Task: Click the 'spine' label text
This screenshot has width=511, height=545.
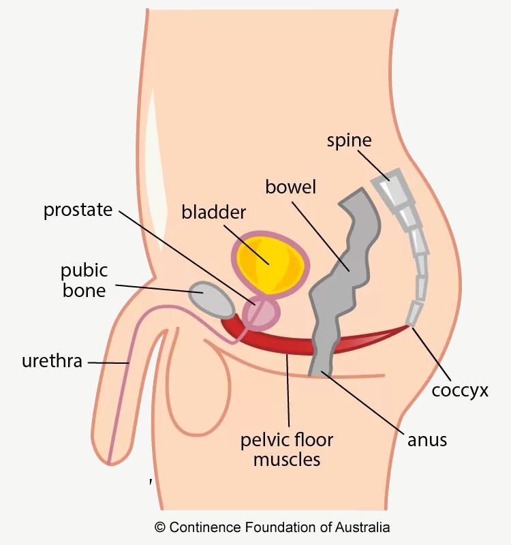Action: coord(349,142)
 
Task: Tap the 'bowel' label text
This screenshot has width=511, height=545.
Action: coord(290,187)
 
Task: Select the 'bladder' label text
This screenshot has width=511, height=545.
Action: coord(213,212)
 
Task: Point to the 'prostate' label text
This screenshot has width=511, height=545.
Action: coord(78,210)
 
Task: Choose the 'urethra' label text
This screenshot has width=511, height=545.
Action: coord(52,361)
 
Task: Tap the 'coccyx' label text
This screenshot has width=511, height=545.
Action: coord(460,391)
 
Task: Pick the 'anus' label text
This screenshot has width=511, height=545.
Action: coord(427,439)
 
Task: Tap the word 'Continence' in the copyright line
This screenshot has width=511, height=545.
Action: coord(205,527)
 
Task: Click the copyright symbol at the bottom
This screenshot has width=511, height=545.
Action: coord(160,527)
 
